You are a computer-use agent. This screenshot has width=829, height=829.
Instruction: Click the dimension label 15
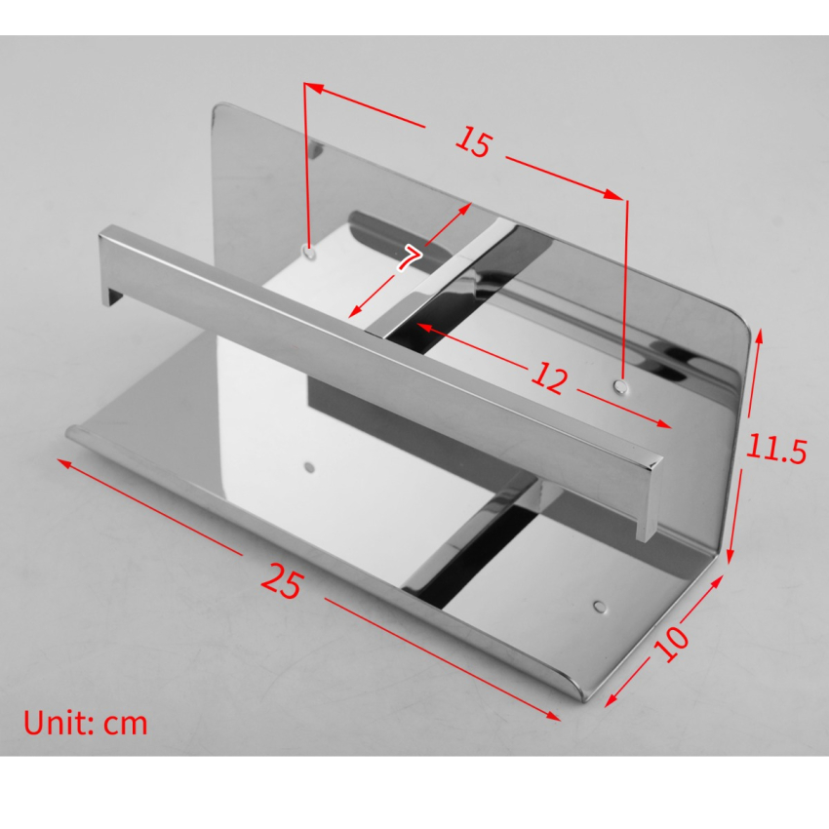[x=473, y=142]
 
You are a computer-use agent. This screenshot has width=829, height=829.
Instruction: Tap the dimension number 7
[x=410, y=257]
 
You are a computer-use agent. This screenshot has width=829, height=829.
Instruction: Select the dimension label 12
[x=549, y=377]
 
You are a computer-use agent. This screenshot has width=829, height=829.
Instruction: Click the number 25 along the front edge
[x=282, y=581]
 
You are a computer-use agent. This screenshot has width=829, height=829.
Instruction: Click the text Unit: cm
[x=86, y=723]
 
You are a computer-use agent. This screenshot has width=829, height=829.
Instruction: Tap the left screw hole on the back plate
[x=309, y=252]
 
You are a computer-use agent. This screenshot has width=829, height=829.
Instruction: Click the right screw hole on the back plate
[x=620, y=387]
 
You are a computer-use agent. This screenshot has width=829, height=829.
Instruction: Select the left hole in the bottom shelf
[x=309, y=468]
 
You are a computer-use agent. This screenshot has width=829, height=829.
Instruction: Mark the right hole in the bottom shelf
[x=597, y=606]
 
